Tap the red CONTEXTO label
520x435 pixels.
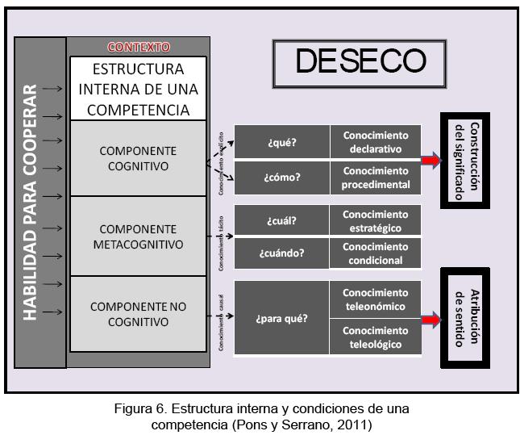tap(139, 48)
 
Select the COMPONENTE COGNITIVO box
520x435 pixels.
tap(138, 158)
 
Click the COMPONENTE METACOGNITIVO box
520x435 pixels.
tap(138, 236)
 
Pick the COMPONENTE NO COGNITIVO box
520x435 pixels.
tap(138, 314)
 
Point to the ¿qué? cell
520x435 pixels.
tap(283, 143)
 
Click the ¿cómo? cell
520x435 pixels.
tap(282, 178)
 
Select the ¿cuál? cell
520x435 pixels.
tap(283, 220)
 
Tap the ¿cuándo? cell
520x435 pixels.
tap(282, 253)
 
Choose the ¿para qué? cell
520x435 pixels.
tap(282, 317)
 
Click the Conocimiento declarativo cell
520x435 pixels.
tap(376, 142)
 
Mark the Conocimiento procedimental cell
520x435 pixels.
tap(376, 178)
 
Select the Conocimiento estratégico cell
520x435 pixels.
tap(376, 220)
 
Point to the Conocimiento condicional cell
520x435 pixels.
tap(376, 253)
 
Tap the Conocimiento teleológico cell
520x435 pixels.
tap(376, 337)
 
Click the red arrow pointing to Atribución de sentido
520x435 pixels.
tap(432, 320)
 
